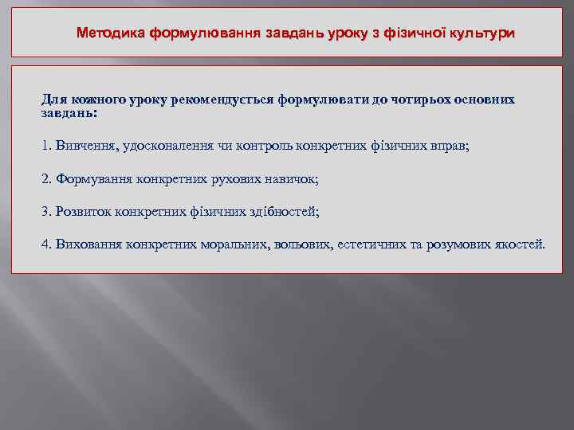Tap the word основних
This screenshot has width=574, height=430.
tap(484, 100)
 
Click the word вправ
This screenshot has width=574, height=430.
tap(450, 146)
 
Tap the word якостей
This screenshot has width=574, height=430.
tap(519, 243)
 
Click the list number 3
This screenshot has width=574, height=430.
tap(45, 211)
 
